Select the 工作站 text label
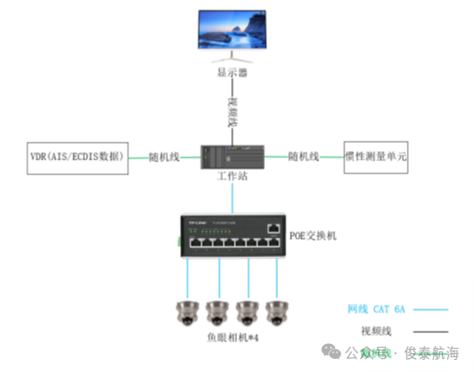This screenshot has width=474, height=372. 233,176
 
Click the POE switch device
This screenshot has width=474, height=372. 234,237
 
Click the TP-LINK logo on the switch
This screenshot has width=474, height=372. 196,224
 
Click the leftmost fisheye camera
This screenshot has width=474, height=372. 189,312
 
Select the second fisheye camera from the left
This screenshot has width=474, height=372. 218,312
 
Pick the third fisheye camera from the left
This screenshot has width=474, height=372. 247,312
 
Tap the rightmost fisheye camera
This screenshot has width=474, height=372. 276,312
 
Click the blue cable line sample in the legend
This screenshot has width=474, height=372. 430,310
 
